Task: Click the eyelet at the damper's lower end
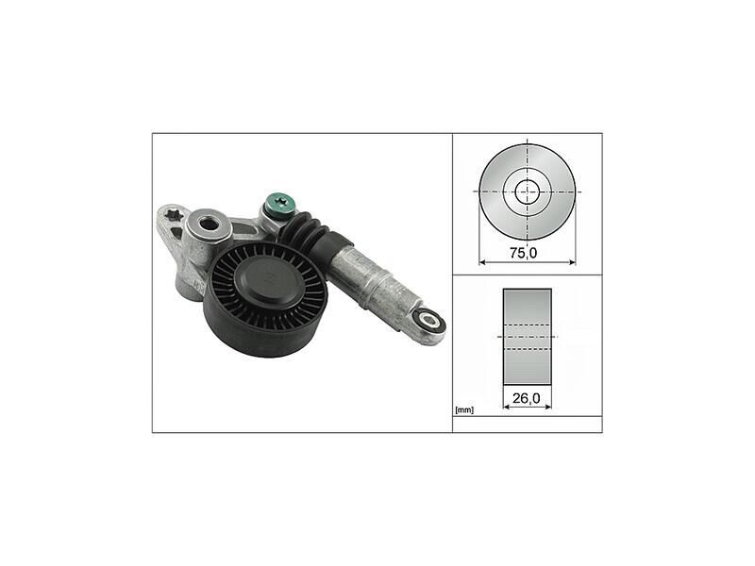pos(428,320)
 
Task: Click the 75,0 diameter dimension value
pos(524,253)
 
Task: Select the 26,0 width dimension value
pos(527,398)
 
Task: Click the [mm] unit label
pos(464,410)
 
